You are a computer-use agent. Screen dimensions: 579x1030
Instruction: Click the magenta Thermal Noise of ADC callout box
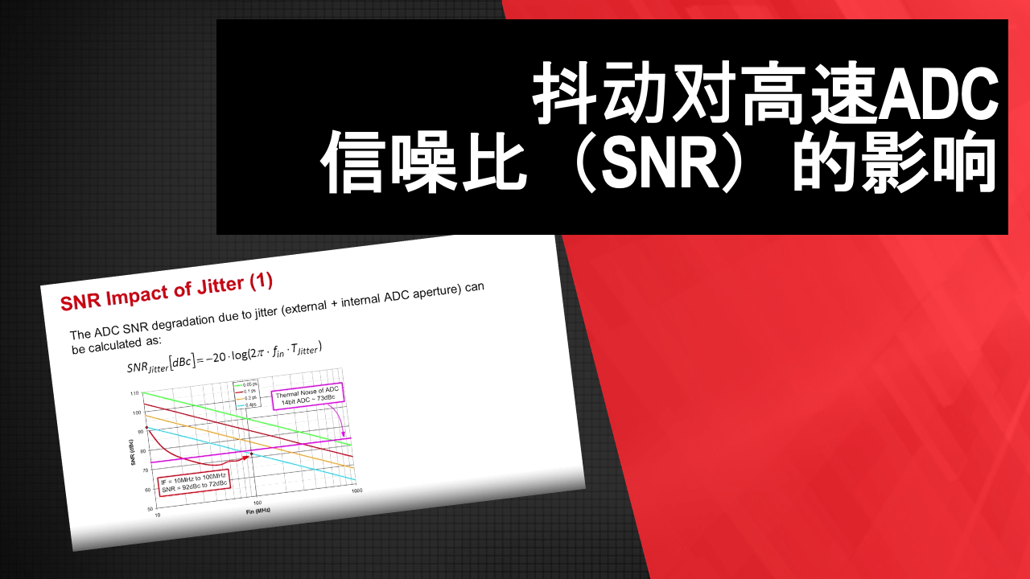(x=308, y=396)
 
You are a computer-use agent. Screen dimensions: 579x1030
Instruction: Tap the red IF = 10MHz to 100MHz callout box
(x=193, y=482)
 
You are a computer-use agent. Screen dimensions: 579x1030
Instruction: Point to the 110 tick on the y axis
(x=134, y=393)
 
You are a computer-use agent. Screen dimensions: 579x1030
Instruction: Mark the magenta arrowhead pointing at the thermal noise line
(x=344, y=434)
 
